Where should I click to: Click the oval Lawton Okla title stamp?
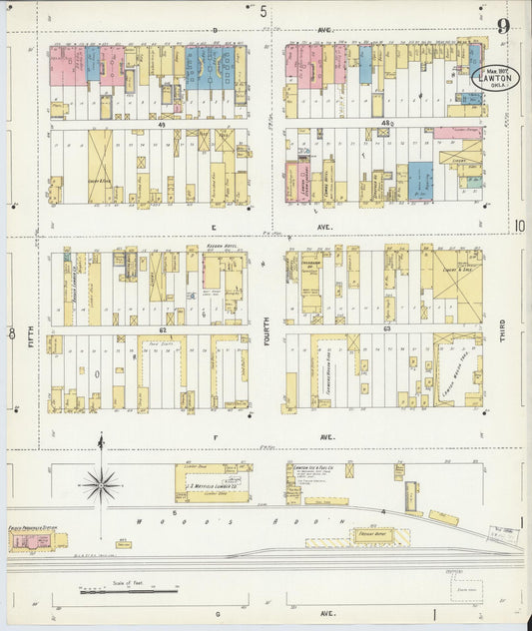(x=495, y=78)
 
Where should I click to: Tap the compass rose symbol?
(x=101, y=485)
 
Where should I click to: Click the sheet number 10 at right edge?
(x=519, y=227)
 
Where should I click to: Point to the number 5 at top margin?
(x=264, y=12)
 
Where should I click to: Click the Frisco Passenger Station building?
(x=33, y=540)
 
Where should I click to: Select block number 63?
(x=385, y=328)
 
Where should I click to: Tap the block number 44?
(x=160, y=124)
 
